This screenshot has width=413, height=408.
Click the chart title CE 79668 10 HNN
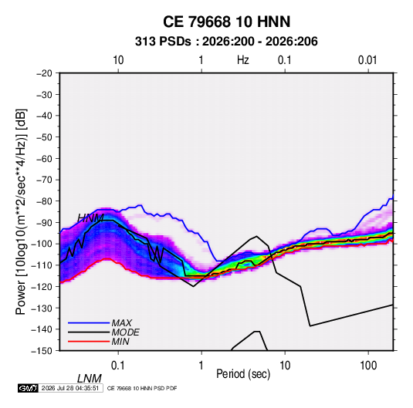[226, 22]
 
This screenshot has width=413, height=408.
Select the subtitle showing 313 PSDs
[226, 42]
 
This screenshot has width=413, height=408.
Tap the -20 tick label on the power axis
[44, 73]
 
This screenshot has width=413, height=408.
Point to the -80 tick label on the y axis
[44, 201]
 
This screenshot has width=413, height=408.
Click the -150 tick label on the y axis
[42, 351]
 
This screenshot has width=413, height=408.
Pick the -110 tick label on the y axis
[42, 265]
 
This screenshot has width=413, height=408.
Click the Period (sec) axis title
[243, 374]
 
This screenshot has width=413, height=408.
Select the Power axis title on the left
[21, 211]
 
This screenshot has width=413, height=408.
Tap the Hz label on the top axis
[243, 60]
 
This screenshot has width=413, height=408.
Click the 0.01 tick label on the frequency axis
[367, 60]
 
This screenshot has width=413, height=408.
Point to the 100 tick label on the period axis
[368, 366]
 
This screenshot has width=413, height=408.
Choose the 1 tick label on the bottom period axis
[201, 366]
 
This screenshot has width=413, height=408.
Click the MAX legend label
[122, 322]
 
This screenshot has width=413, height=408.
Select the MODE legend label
[125, 332]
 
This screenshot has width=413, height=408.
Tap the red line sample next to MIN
[89, 342]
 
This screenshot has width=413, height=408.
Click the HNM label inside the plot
[90, 218]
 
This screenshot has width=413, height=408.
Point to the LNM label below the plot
[90, 379]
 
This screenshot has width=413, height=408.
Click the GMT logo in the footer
[28, 388]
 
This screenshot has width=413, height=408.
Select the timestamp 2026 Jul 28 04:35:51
[70, 388]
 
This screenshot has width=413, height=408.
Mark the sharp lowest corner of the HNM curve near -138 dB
[310, 326]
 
